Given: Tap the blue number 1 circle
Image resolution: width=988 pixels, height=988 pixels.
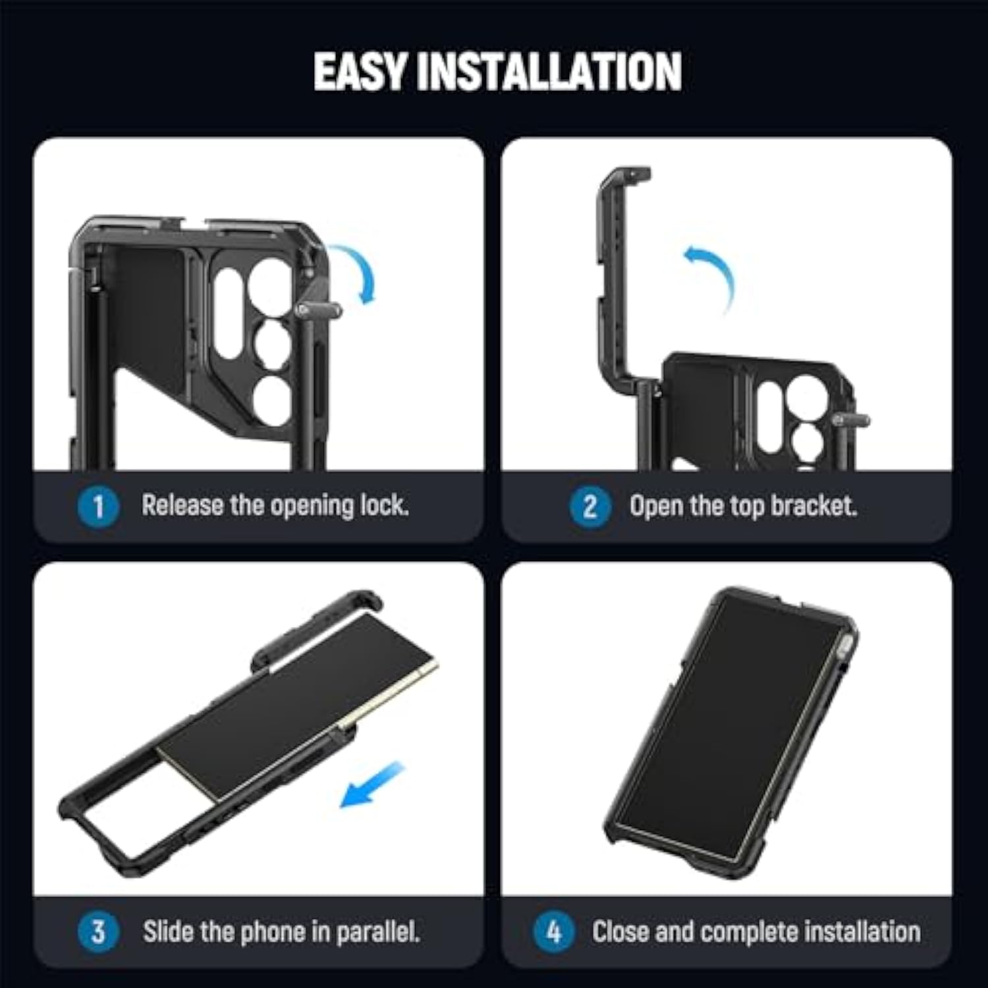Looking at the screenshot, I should click(98, 507).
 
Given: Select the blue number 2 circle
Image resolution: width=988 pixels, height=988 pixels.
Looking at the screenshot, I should click(590, 507).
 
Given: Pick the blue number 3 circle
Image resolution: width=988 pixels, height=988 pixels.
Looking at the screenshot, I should click(98, 931).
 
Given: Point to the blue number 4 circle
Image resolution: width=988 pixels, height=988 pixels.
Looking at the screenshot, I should click(554, 931).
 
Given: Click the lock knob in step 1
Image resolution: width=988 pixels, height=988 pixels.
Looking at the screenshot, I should click(318, 310).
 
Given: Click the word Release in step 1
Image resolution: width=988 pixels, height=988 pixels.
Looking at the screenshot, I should click(182, 505).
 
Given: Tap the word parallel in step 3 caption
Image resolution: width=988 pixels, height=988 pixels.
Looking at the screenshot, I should click(377, 931).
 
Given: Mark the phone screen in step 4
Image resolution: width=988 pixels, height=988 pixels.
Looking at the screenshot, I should click(728, 725).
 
